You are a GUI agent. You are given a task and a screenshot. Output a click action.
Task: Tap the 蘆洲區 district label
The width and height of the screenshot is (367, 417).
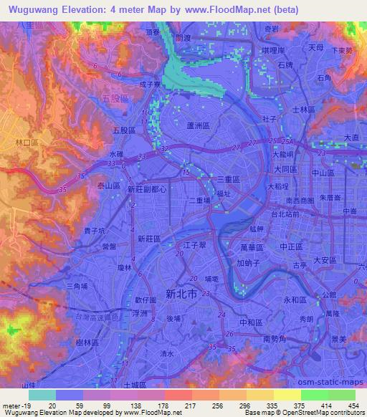tap(197, 124)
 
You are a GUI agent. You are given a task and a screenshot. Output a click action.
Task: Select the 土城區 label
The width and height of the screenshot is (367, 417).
tap(134, 385)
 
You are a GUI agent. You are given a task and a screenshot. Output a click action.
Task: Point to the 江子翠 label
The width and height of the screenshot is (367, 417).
tap(195, 246)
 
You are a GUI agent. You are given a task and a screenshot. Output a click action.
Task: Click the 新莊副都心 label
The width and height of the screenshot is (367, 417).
tap(147, 190)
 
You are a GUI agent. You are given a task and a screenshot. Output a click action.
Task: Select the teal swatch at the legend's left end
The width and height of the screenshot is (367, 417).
tap(42, 395)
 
